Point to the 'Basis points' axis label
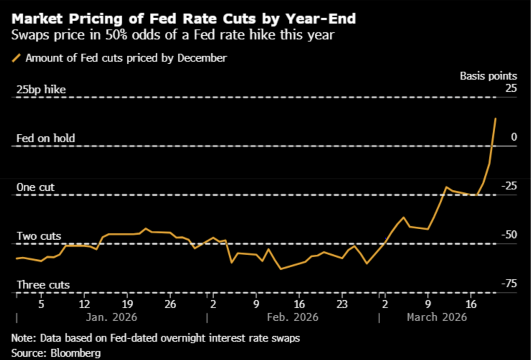[488, 76]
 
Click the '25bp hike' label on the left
[41, 89]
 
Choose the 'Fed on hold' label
[46, 138]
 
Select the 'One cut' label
[35, 187]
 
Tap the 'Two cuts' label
[39, 236]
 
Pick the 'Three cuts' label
[43, 285]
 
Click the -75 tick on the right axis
[508, 283]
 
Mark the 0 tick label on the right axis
[514, 137]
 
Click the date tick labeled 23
[342, 304]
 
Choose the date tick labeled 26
[170, 304]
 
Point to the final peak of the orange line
[496, 118]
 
